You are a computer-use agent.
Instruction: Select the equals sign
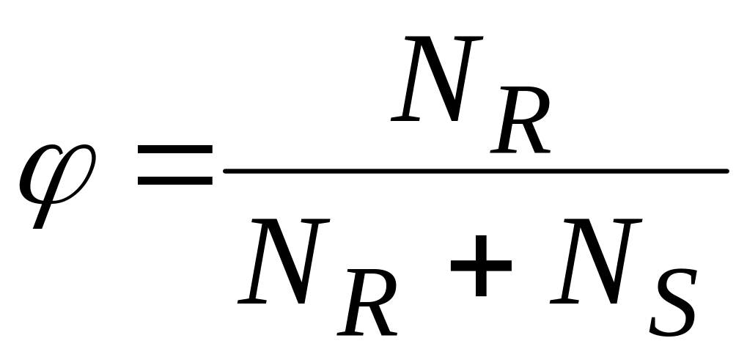[174, 165]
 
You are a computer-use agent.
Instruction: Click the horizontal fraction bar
[476, 172]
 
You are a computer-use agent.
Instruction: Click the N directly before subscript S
[597, 262]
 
